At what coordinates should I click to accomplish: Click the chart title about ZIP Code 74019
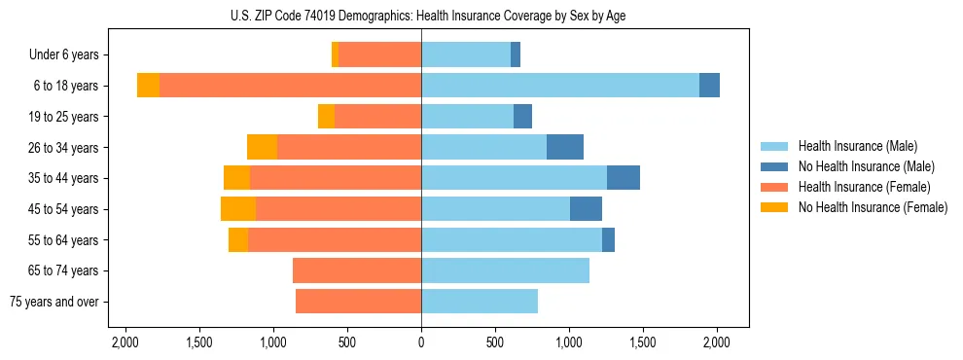tap(421, 16)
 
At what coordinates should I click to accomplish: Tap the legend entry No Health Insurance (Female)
tap(873, 207)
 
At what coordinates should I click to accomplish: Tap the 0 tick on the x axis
tap(421, 343)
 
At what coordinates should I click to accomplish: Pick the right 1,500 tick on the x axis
tap(643, 343)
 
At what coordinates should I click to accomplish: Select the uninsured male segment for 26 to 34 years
tap(565, 147)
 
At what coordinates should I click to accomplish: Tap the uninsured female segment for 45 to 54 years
tap(238, 209)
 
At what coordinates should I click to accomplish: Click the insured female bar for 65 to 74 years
tap(357, 270)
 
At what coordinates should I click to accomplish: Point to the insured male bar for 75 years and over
tap(480, 302)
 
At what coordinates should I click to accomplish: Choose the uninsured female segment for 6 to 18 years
tap(148, 86)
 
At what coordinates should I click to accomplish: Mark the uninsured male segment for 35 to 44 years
tap(624, 178)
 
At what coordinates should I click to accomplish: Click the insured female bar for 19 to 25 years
tap(377, 117)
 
